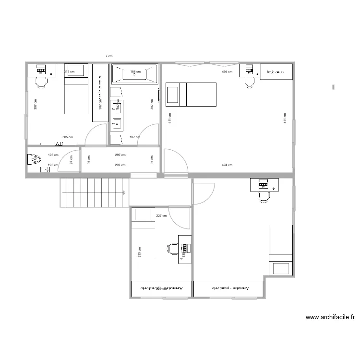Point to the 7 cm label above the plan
[x=109, y=56]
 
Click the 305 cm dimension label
[x=68, y=137]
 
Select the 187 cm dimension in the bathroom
[x=135, y=137]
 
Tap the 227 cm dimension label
[x=161, y=216]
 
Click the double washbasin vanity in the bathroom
[x=117, y=115]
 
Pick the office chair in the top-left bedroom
[x=41, y=82]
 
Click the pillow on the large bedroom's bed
[x=172, y=95]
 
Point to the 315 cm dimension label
[x=69, y=72]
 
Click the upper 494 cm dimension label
[x=227, y=72]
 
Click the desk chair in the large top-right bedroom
[x=250, y=82]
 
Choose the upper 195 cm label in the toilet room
[x=53, y=155]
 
